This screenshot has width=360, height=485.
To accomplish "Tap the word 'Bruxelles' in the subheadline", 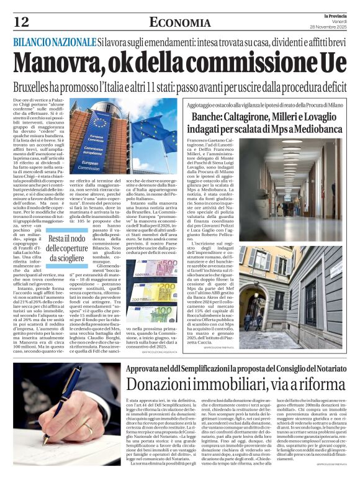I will (x=38, y=85).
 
